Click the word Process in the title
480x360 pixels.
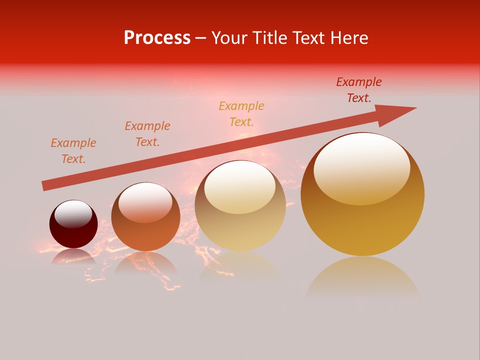pos(157,38)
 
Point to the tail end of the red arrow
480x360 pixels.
pos(45,186)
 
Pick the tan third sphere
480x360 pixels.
pos(240,220)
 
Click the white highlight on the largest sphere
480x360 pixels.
pos(361,167)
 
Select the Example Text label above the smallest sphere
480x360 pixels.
pos(73,151)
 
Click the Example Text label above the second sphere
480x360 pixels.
pos(147,134)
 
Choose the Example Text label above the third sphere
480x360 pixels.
pos(241,114)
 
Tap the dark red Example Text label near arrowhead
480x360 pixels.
pos(358,90)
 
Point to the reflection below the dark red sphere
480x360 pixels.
pos(73,257)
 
